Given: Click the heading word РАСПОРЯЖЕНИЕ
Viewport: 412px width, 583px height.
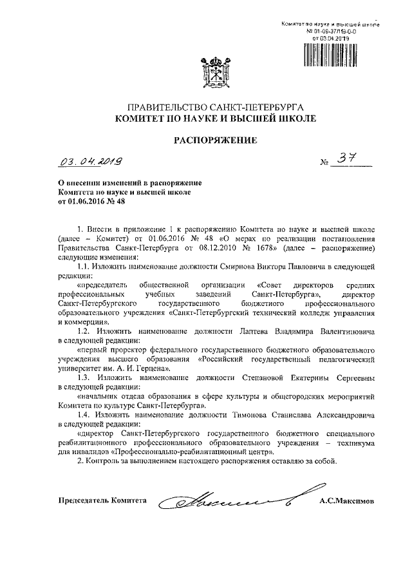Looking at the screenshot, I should pos(212,139).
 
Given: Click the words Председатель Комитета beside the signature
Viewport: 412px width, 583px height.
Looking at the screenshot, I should pos(102,501).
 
